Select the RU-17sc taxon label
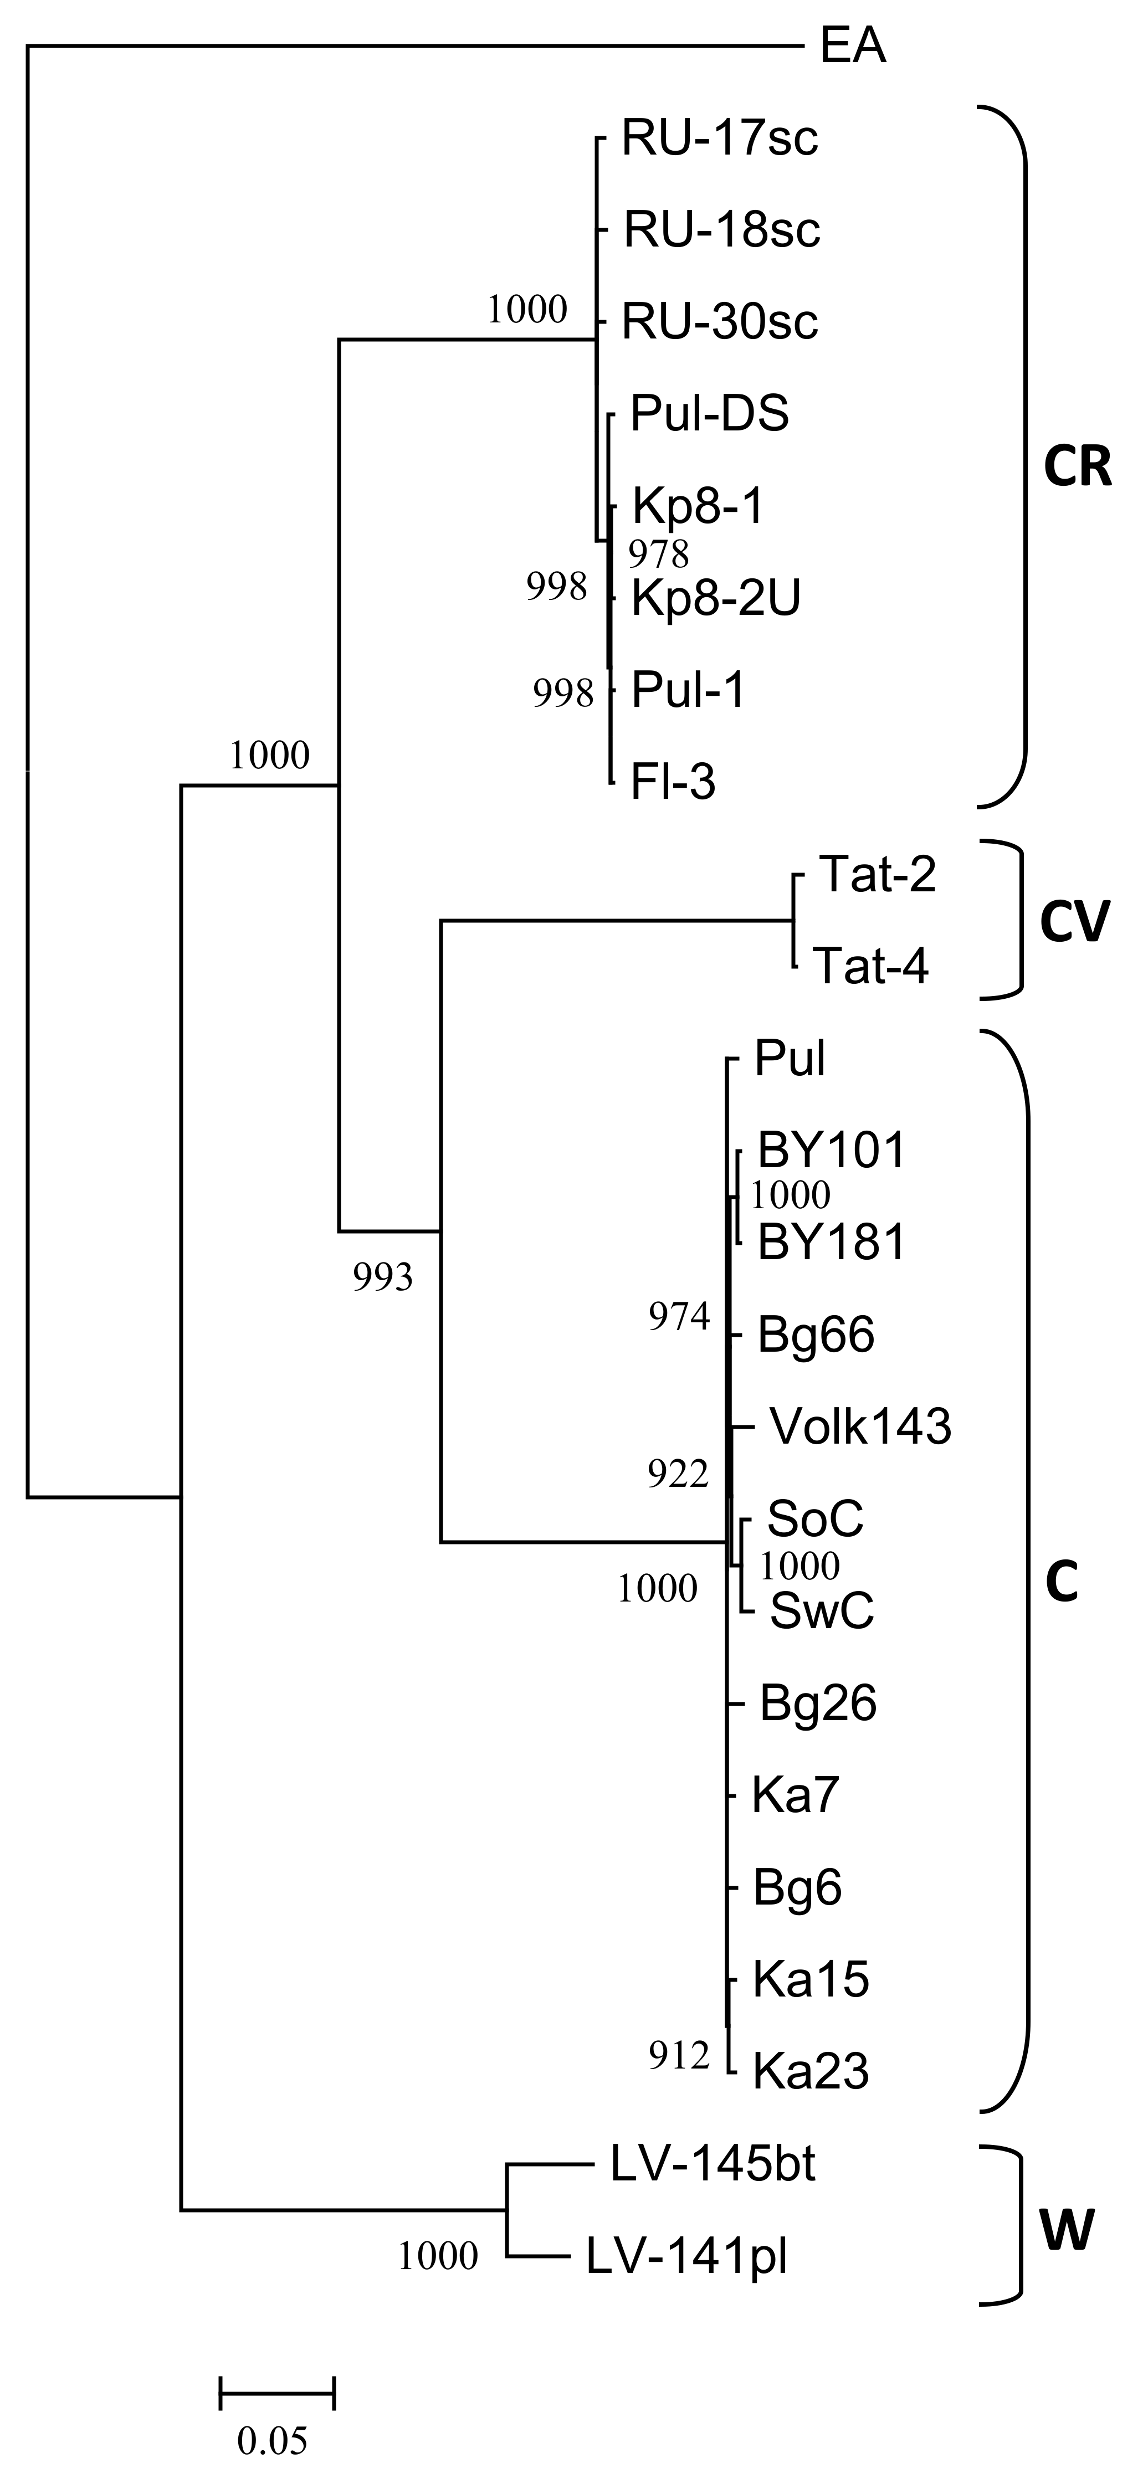720,138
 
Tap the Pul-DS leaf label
709,414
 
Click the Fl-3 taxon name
673,782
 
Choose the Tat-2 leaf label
877,875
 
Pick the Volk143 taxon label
859,1426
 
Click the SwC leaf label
821,1610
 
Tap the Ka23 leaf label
811,2070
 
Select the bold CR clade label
1078,469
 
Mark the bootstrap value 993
382,1277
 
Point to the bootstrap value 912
678,2057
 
